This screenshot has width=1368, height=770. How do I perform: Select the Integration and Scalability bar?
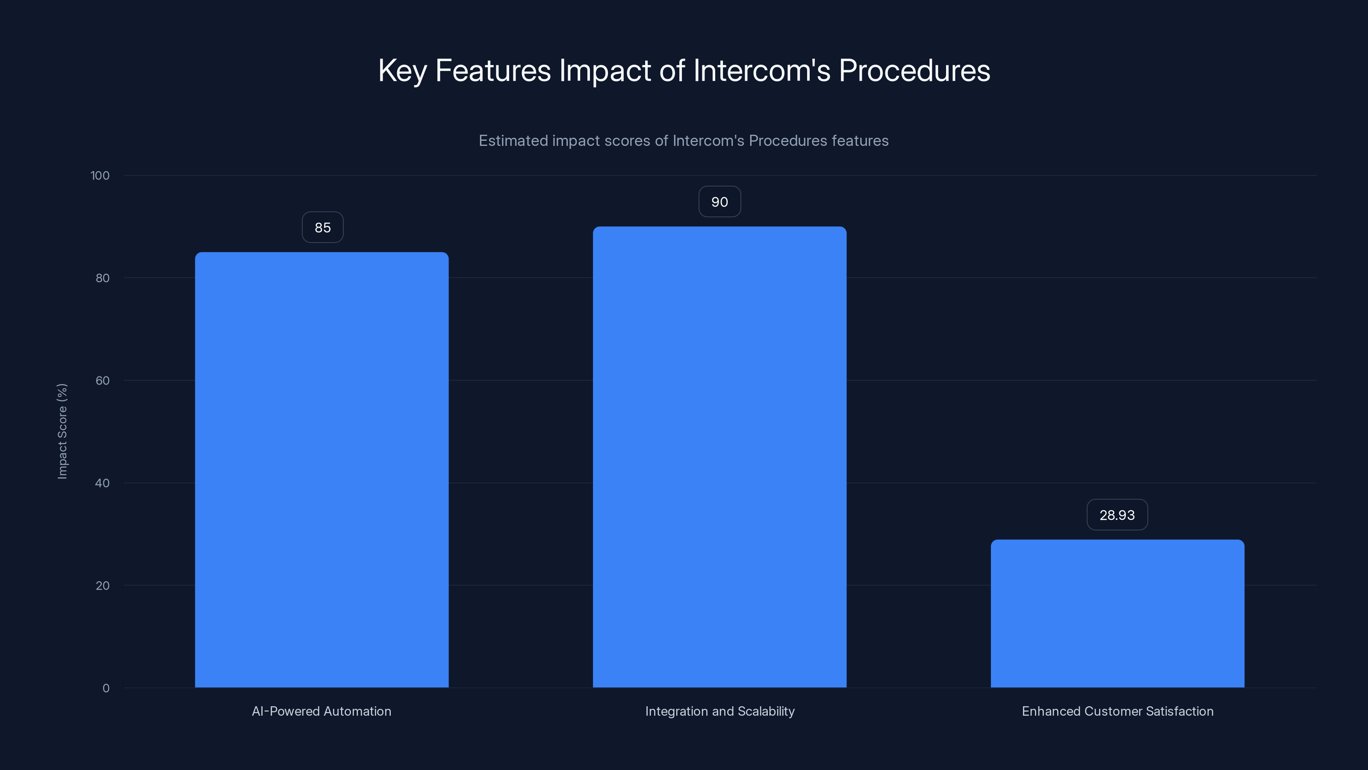[x=719, y=457]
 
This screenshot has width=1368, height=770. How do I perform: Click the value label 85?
[x=322, y=228]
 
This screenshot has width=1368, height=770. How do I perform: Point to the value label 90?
[x=719, y=202]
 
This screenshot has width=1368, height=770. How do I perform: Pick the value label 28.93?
[x=1117, y=515]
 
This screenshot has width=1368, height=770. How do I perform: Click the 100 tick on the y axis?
[x=100, y=175]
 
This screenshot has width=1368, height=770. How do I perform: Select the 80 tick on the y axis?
[x=103, y=278]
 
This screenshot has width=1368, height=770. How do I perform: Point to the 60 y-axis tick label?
[x=103, y=380]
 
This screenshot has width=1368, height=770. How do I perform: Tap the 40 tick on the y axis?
[x=103, y=483]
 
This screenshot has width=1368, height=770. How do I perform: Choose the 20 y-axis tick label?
[x=103, y=586]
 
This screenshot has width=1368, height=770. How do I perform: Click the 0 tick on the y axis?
[x=106, y=688]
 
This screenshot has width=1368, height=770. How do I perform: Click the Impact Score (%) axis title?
[x=62, y=431]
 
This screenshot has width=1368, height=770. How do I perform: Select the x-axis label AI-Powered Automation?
[x=321, y=711]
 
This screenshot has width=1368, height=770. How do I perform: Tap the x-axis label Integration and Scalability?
[x=719, y=711]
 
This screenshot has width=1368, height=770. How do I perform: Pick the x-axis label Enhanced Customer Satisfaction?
[x=1117, y=711]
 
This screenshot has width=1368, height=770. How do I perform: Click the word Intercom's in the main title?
[x=761, y=70]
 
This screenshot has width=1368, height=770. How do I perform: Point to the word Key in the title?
[x=402, y=70]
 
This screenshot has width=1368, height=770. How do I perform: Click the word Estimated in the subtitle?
[x=513, y=140]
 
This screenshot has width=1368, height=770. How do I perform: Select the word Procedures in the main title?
[x=914, y=70]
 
